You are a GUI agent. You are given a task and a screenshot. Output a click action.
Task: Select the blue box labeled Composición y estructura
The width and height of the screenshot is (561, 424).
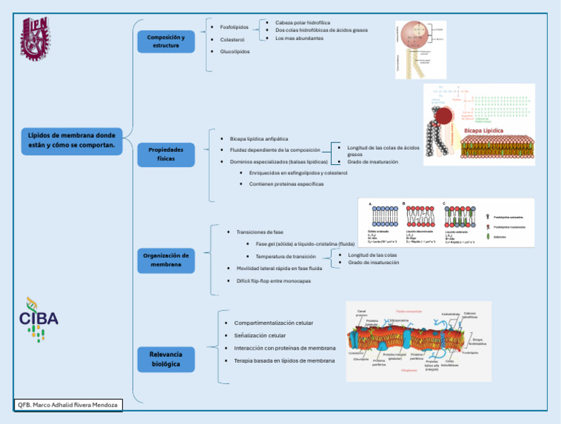click(166, 42)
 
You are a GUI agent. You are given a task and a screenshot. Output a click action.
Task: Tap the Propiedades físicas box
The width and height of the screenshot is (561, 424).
click(166, 154)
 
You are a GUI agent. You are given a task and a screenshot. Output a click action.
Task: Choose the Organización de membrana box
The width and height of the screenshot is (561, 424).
click(166, 260)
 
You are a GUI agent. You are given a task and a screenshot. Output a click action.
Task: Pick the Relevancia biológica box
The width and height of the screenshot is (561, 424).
click(166, 358)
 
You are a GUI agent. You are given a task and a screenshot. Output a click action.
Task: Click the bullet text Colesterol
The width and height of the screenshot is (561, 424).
click(234, 39)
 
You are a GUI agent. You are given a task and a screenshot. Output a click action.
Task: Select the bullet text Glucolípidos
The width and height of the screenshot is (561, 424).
click(234, 52)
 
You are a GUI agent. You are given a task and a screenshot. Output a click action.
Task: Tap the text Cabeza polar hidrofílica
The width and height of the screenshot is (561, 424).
click(302, 23)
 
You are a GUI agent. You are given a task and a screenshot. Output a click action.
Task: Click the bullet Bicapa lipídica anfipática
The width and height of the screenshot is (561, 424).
click(259, 138)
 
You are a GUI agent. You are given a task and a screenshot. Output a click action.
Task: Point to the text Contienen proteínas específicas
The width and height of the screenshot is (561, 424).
click(286, 184)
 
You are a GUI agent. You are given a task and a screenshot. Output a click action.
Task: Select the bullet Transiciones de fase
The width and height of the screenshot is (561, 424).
click(259, 231)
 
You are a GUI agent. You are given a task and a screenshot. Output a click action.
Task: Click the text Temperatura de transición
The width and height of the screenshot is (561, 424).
click(286, 256)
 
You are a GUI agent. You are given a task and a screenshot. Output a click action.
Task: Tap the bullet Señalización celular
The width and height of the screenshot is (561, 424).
click(260, 336)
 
